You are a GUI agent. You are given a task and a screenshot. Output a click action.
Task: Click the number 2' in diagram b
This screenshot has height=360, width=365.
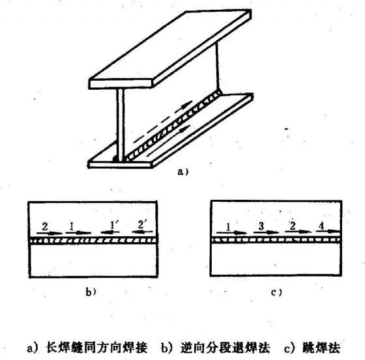pyautogui.click(x=141, y=225)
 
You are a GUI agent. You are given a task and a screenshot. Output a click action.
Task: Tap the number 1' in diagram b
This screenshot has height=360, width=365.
pyautogui.click(x=114, y=225)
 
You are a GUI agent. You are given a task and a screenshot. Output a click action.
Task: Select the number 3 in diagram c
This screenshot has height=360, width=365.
pyautogui.click(x=261, y=226)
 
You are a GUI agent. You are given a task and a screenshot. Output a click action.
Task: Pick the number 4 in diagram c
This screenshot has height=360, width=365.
pyautogui.click(x=321, y=226)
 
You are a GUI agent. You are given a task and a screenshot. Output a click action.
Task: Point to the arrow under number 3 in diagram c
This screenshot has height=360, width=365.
pyautogui.click(x=266, y=232)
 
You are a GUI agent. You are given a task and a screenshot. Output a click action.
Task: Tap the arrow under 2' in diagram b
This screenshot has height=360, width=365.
pyautogui.click(x=142, y=232)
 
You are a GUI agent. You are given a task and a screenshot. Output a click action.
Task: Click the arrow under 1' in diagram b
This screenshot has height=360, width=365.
pyautogui.click(x=110, y=232)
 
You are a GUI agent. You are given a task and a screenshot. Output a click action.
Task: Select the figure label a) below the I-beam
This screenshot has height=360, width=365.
pyautogui.click(x=183, y=172)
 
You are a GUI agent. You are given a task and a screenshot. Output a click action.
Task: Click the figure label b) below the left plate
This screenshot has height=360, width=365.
pyautogui.click(x=91, y=292)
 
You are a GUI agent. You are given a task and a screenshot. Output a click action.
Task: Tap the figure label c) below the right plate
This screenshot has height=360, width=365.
pyautogui.click(x=276, y=292)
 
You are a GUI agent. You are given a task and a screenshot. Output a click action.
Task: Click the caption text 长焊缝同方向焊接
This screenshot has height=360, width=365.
pyautogui.click(x=97, y=348)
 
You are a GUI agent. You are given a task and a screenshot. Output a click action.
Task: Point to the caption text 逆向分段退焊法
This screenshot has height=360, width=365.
pyautogui.click(x=225, y=348)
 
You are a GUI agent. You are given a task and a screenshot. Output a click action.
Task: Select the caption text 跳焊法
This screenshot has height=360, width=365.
pyautogui.click(x=321, y=348)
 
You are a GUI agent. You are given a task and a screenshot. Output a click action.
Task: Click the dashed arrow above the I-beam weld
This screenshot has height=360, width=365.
pyautogui.click(x=163, y=121)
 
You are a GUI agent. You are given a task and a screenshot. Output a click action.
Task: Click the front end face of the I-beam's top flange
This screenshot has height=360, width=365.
pyautogui.click(x=121, y=84)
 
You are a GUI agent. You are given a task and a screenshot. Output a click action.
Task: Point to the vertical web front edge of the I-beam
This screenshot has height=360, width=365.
pyautogui.click(x=121, y=125)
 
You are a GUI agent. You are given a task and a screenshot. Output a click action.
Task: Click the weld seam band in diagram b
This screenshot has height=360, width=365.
pyautogui.click(x=93, y=240)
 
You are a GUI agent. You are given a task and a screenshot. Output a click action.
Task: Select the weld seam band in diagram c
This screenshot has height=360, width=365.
pyautogui.click(x=276, y=240)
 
